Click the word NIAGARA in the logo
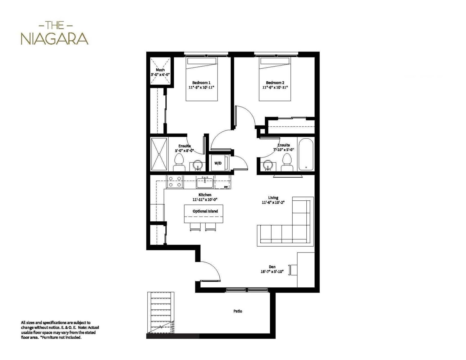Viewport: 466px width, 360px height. [x=54, y=39]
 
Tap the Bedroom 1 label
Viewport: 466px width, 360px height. [x=201, y=83]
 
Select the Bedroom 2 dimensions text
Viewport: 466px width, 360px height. [x=275, y=88]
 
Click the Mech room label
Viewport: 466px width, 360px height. [x=160, y=70]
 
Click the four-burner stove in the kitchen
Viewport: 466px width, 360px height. [x=175, y=182]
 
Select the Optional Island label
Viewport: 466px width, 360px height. [x=205, y=211]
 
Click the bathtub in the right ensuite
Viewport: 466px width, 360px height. [x=306, y=154]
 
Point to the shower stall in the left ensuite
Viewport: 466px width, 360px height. [x=159, y=154]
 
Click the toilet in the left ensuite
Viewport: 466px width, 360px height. [x=179, y=162]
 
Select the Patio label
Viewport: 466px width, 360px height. [x=238, y=311]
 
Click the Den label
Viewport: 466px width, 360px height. [x=272, y=267]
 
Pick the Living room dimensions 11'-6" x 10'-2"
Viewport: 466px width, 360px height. [x=273, y=202]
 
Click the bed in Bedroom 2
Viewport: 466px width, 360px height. [x=275, y=79]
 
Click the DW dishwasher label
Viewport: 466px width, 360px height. [x=226, y=187]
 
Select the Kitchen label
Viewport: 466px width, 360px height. [x=205, y=195]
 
